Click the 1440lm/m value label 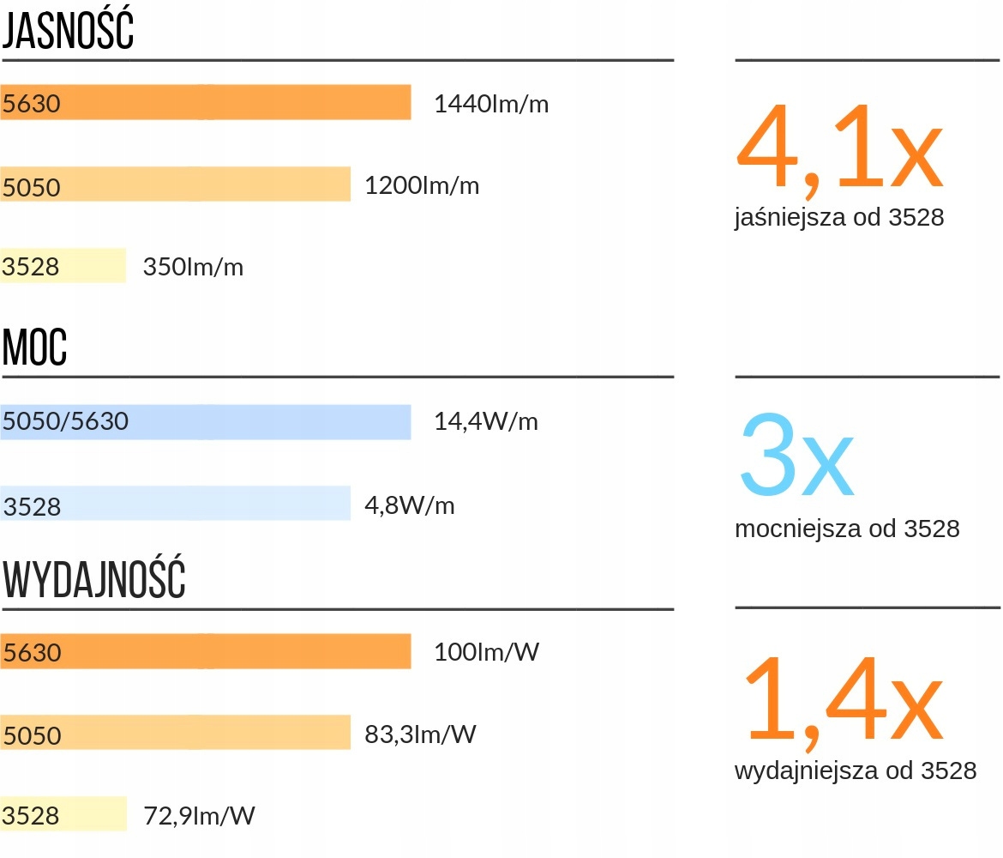pyautogui.click(x=491, y=105)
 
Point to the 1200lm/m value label pyautogui.click(x=422, y=185)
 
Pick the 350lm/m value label pyautogui.click(x=193, y=267)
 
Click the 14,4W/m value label pyautogui.click(x=486, y=422)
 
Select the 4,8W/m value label pyautogui.click(x=410, y=505)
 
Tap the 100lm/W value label pyautogui.click(x=487, y=652)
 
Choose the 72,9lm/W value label pyautogui.click(x=199, y=815)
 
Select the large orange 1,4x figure pyautogui.click(x=844, y=699)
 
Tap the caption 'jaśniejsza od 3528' pyautogui.click(x=839, y=218)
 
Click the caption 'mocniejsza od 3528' pyautogui.click(x=847, y=529)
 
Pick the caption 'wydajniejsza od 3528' pyautogui.click(x=856, y=770)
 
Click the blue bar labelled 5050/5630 pyautogui.click(x=206, y=422)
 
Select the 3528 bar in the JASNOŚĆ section pyautogui.click(x=63, y=266)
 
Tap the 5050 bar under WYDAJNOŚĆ pyautogui.click(x=176, y=733)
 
